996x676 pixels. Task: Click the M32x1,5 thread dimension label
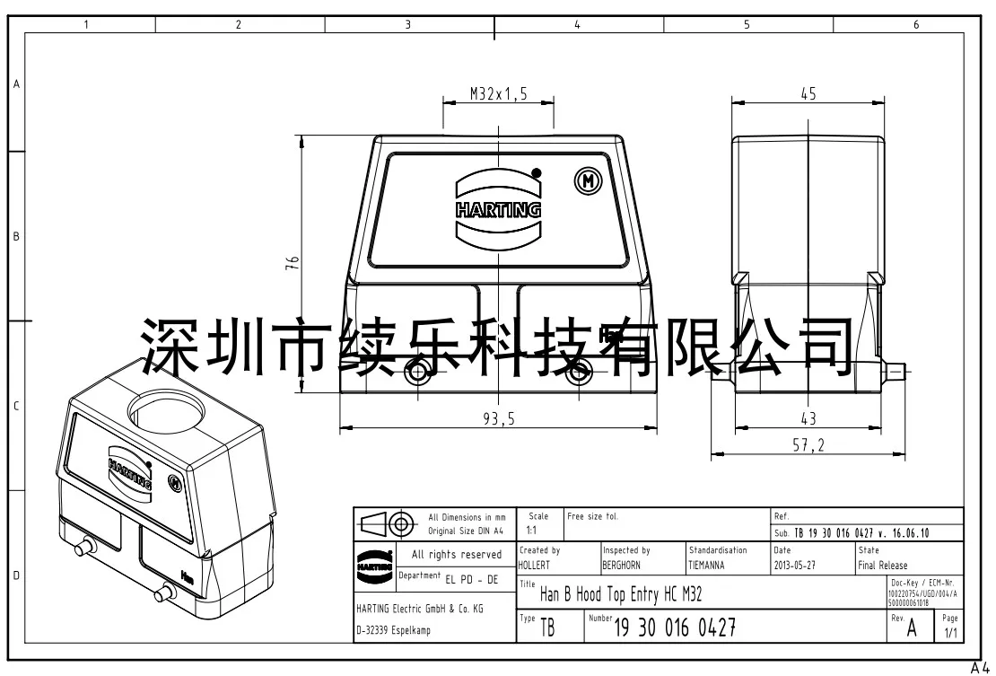pos(498,93)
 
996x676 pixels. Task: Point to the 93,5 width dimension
pos(499,417)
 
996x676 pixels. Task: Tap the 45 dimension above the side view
pos(808,93)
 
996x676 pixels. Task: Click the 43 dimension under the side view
pos(808,417)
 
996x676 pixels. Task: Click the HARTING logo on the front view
pos(499,210)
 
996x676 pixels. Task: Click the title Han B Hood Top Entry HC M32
pos(621,593)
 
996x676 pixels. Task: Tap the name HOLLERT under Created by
pos(535,566)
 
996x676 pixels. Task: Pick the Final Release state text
pos(882,566)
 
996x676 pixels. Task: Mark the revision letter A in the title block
pos(912,628)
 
